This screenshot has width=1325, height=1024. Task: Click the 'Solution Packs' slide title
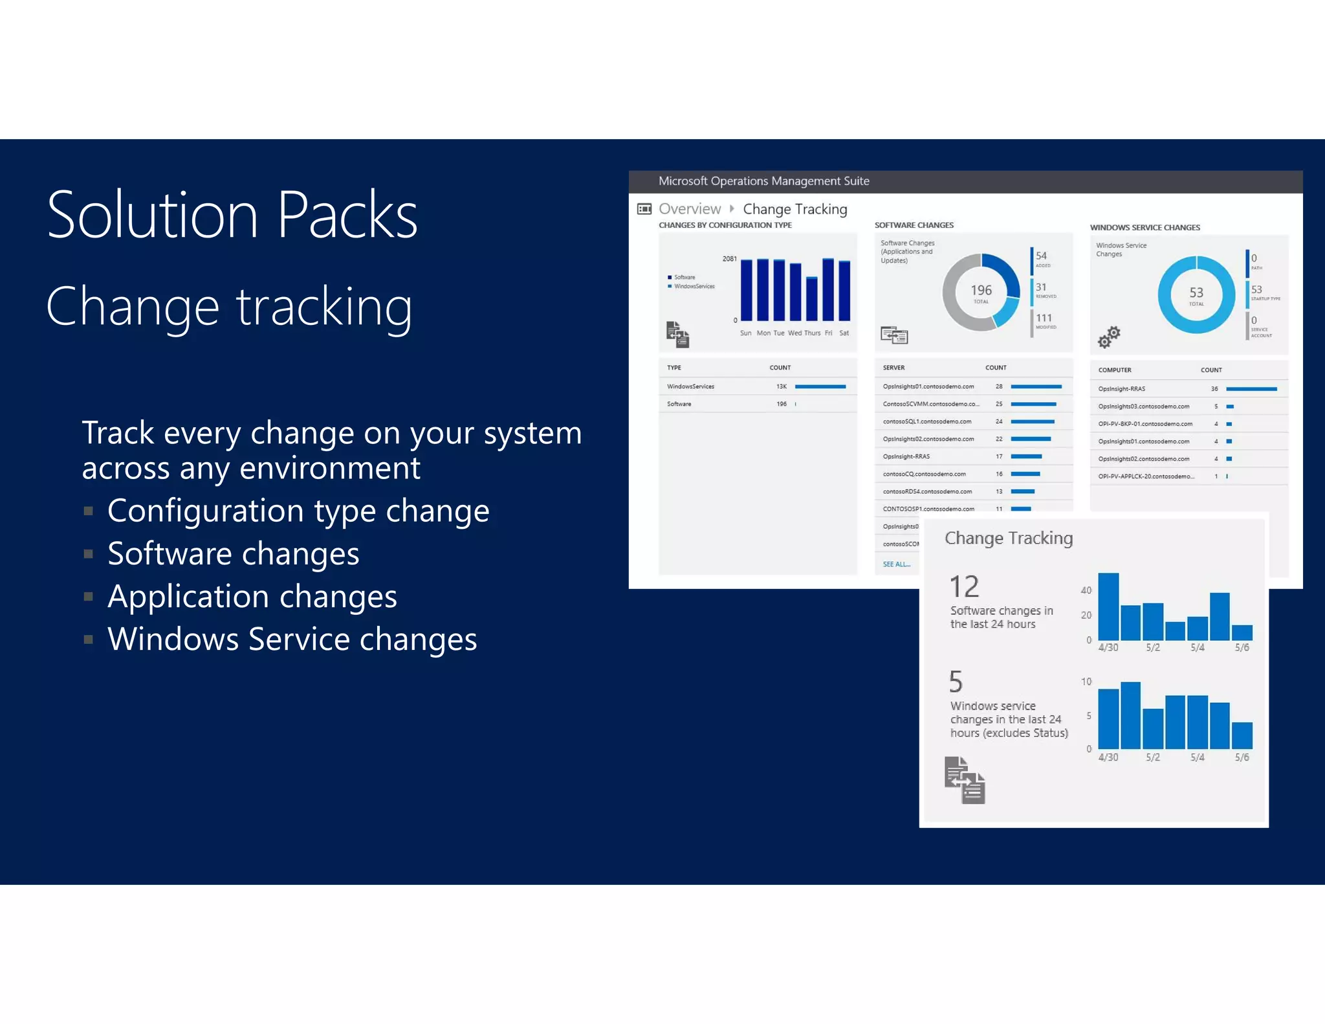[x=232, y=216]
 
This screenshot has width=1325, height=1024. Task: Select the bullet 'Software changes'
[x=233, y=554]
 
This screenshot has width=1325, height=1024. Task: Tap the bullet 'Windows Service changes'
[x=292, y=640]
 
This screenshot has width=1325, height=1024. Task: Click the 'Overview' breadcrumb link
[x=689, y=209]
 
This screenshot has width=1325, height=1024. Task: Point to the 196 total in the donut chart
[x=981, y=291]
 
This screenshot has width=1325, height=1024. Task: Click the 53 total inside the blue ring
[x=1196, y=294]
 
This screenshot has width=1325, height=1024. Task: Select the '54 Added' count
[x=1041, y=256]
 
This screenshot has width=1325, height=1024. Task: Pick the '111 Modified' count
[x=1044, y=318]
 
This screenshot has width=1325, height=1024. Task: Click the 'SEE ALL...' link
[x=896, y=564]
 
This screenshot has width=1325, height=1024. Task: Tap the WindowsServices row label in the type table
[x=690, y=386]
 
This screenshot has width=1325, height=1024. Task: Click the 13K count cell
[x=782, y=386]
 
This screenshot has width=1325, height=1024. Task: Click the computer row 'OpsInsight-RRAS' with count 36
[x=1121, y=389]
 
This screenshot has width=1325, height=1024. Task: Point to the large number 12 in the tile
[x=964, y=587]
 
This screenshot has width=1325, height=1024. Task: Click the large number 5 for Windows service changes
[x=956, y=682]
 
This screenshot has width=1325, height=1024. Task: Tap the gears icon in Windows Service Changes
[x=1108, y=337]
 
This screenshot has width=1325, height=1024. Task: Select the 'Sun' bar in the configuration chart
[x=746, y=290]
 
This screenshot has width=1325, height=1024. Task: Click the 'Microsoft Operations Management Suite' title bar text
[x=763, y=181]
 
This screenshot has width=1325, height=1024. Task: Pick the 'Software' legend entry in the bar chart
[x=684, y=277]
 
